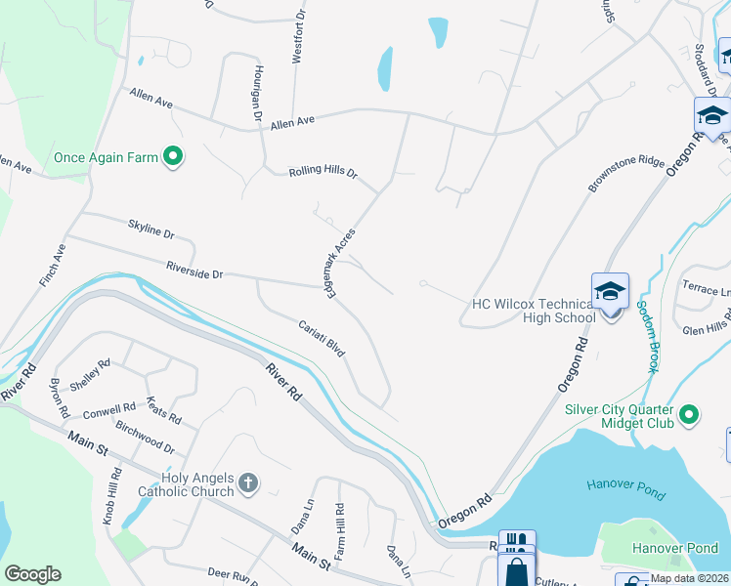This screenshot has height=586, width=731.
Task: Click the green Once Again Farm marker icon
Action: click(173, 156)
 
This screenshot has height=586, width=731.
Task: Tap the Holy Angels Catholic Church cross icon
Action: click(249, 481)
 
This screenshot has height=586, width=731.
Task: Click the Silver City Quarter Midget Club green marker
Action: click(689, 416)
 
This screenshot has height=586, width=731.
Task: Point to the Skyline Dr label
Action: click(150, 230)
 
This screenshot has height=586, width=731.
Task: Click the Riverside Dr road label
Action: click(194, 271)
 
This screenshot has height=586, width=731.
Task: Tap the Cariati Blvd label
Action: click(322, 336)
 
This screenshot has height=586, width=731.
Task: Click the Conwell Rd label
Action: click(108, 408)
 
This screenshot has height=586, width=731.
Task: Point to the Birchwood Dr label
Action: click(145, 436)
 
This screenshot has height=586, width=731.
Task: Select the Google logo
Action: click(32, 573)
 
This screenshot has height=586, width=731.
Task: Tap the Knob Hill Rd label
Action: click(114, 494)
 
